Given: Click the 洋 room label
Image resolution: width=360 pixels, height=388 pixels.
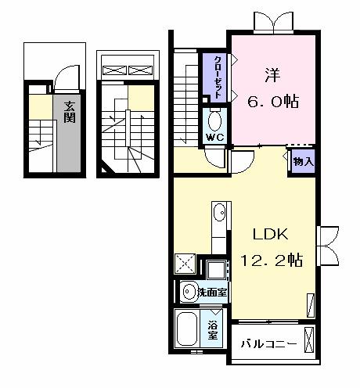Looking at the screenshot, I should pyautogui.click(x=272, y=77).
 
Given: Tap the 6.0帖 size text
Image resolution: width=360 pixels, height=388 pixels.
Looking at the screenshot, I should pyautogui.click(x=272, y=102).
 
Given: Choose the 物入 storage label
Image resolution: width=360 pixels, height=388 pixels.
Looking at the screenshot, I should pyautogui.click(x=303, y=162).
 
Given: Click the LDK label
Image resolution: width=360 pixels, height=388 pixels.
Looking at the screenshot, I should pyautogui.click(x=271, y=235).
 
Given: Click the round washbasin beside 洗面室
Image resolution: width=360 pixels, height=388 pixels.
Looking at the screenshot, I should pyautogui.click(x=188, y=292).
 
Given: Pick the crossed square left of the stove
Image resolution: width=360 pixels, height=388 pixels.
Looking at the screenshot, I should pyautogui.click(x=185, y=264).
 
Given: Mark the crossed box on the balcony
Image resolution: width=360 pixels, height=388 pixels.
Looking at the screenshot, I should pyautogui.click(x=310, y=343).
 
